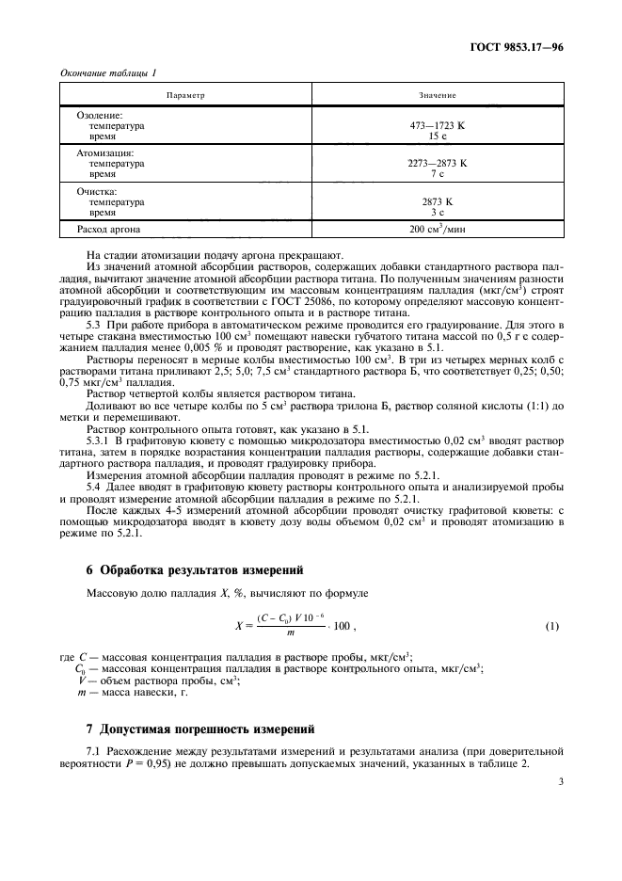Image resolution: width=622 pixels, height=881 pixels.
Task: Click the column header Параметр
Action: point(185,95)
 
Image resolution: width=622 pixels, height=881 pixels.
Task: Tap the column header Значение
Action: point(437,95)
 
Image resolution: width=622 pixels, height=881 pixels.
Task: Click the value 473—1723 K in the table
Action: point(437,124)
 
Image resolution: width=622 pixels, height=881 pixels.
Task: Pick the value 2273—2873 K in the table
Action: point(437,163)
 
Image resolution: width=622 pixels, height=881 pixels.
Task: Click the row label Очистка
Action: point(96,190)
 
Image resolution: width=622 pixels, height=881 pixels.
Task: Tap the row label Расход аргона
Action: point(110,229)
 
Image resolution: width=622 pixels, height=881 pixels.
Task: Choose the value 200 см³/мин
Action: point(437,229)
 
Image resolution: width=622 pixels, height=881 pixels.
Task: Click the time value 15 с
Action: point(437,136)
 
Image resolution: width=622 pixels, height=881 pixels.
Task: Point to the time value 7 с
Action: point(437,174)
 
